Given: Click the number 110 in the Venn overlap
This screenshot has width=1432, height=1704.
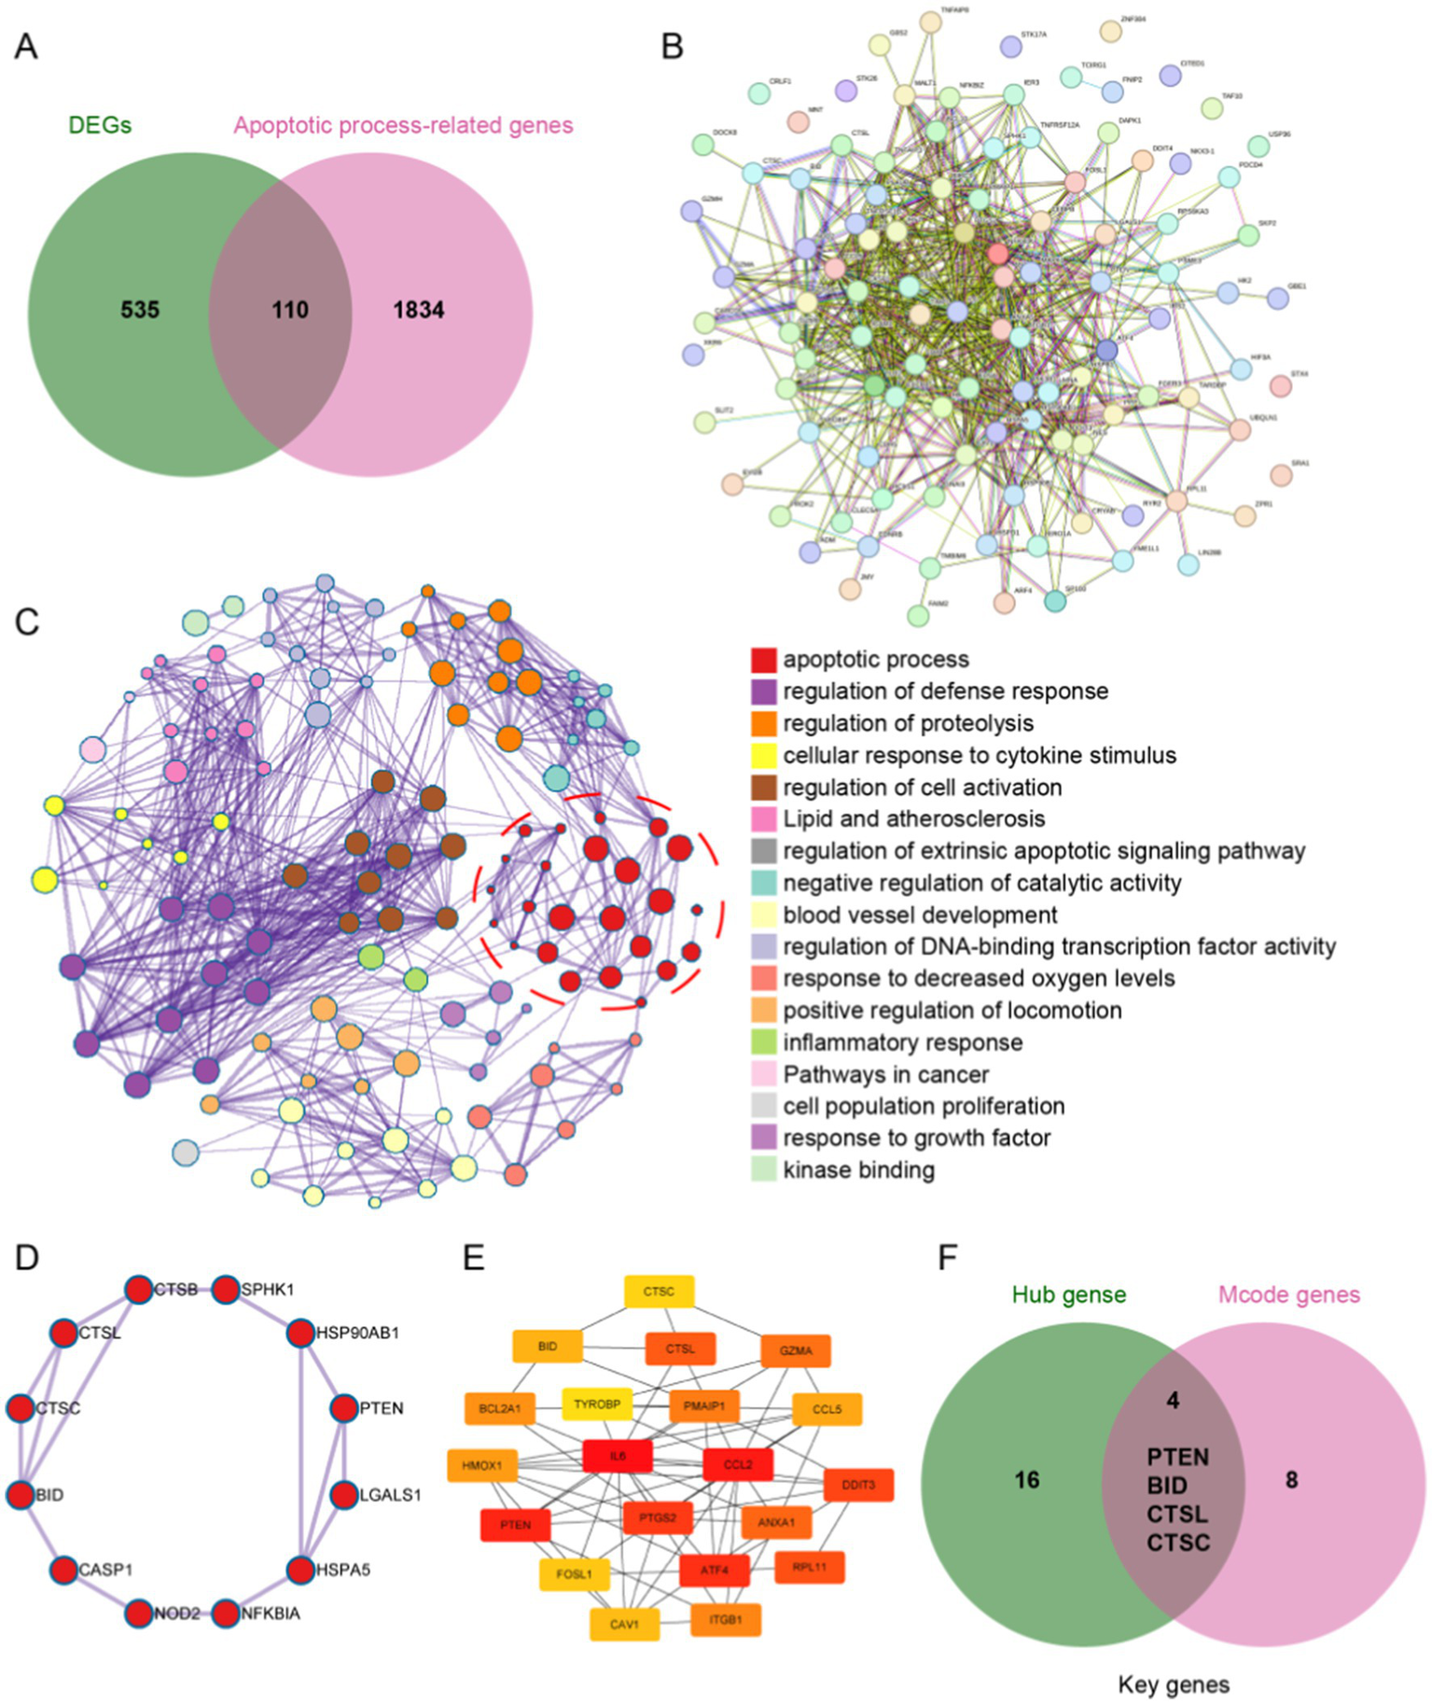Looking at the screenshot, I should (x=289, y=310).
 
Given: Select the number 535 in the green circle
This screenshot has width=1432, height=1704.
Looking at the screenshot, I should (x=140, y=310).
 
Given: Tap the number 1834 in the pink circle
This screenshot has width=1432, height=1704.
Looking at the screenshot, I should (x=418, y=310).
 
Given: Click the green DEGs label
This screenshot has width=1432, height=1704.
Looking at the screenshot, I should (x=100, y=125).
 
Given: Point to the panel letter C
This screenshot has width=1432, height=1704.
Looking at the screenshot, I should (x=27, y=622).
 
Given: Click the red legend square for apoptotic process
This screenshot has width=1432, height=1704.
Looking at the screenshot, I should (x=763, y=660).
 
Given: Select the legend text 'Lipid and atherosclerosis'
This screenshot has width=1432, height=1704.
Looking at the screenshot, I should (x=913, y=818).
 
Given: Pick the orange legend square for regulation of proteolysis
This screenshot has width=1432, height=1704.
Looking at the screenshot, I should (x=763, y=723).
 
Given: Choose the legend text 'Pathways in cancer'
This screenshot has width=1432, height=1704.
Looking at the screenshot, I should (x=885, y=1074).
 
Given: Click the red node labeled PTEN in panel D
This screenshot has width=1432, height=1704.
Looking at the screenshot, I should (x=345, y=1408).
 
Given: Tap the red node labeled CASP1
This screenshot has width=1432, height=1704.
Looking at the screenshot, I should (x=63, y=1570).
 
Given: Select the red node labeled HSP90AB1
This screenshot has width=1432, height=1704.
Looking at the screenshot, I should (x=300, y=1333).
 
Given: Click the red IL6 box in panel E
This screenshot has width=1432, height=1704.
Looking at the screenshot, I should (x=617, y=1456).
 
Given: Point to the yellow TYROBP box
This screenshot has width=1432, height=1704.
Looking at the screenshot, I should (x=597, y=1404).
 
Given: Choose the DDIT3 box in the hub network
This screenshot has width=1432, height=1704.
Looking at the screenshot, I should (x=858, y=1485).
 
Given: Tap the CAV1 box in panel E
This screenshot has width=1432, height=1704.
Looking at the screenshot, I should (x=624, y=1624).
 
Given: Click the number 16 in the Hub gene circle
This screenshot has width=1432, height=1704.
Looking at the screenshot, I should (x=1026, y=1480).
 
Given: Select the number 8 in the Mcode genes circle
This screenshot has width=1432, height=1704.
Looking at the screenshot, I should (x=1291, y=1480).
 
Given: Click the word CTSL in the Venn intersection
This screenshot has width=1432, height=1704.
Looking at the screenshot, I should (x=1177, y=1514).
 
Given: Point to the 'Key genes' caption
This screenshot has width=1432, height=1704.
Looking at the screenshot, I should (x=1174, y=1684).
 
